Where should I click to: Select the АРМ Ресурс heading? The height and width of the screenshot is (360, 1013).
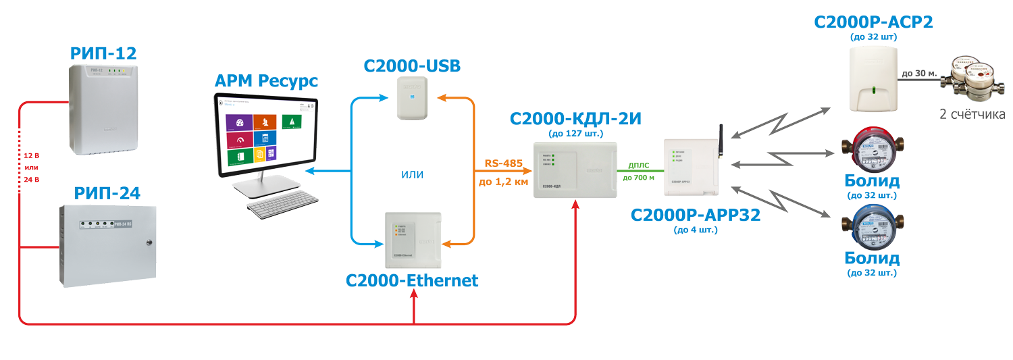pos(267,82)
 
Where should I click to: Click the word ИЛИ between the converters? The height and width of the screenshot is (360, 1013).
pos(412,174)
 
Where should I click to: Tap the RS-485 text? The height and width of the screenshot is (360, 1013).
pos(503,163)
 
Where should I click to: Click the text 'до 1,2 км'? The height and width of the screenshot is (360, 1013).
pos(503,182)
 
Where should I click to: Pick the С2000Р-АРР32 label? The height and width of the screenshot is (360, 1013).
pos(696,215)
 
